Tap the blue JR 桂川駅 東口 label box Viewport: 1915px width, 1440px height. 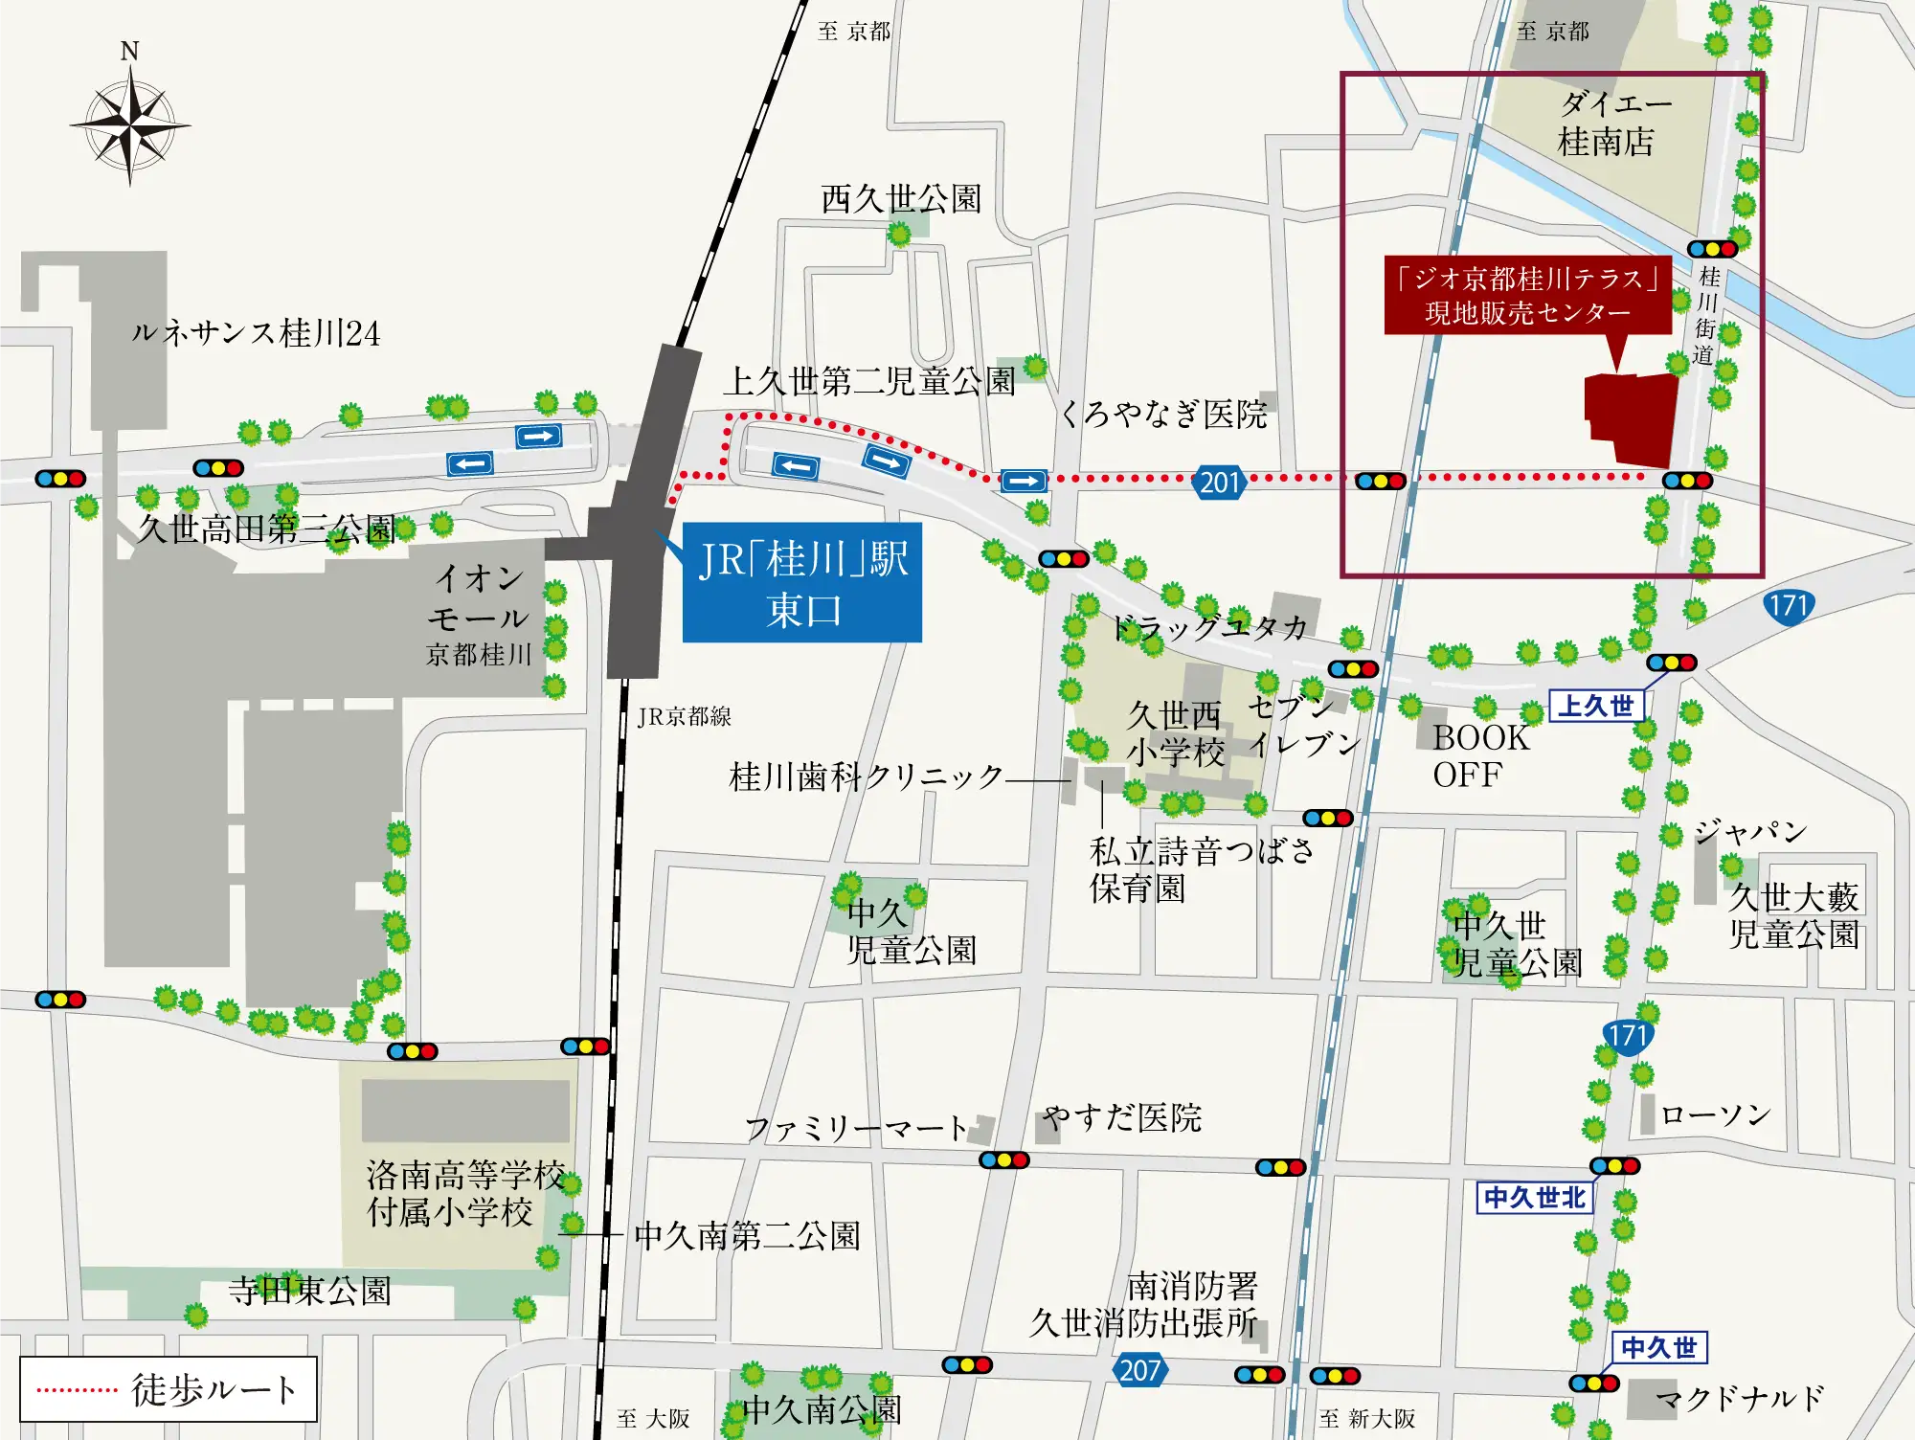[x=802, y=582]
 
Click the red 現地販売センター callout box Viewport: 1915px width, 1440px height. [x=1527, y=295]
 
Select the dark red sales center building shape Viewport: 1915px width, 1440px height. [x=1632, y=418]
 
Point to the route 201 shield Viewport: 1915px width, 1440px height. [x=1220, y=482]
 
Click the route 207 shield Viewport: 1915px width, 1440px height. [x=1139, y=1370]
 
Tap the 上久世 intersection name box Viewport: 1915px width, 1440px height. [x=1596, y=707]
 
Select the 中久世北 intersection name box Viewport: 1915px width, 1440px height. [x=1534, y=1198]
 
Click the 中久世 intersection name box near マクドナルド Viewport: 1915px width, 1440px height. [x=1658, y=1348]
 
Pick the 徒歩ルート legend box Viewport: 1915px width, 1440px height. [x=169, y=1389]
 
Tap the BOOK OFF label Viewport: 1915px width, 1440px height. [x=1479, y=755]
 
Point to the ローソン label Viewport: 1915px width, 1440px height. [x=1715, y=1114]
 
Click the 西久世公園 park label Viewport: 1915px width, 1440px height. [x=901, y=199]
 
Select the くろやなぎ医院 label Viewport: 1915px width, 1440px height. [x=1163, y=414]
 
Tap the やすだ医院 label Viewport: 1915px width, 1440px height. [x=1122, y=1117]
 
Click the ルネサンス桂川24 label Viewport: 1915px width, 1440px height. [x=256, y=333]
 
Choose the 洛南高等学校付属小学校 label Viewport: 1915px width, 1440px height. [x=464, y=1193]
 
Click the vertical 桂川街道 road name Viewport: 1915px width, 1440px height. [x=1706, y=316]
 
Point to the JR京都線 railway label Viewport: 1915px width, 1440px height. [x=684, y=716]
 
